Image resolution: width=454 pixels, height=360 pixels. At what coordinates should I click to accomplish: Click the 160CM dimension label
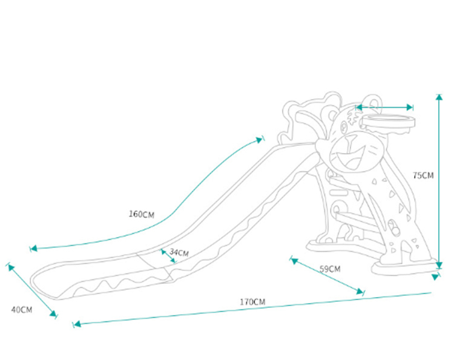tap(142, 214)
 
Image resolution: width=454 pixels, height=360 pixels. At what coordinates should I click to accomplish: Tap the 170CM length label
tap(252, 301)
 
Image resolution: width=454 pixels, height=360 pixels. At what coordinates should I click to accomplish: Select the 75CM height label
tap(423, 175)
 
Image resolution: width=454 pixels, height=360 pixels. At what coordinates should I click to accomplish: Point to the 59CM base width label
tap(329, 268)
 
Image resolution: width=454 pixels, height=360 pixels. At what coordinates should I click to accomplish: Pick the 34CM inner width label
tap(179, 252)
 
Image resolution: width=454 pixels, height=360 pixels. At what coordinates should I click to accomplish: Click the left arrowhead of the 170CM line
tap(76, 324)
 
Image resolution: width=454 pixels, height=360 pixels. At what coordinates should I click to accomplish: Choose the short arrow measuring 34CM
tap(168, 255)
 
